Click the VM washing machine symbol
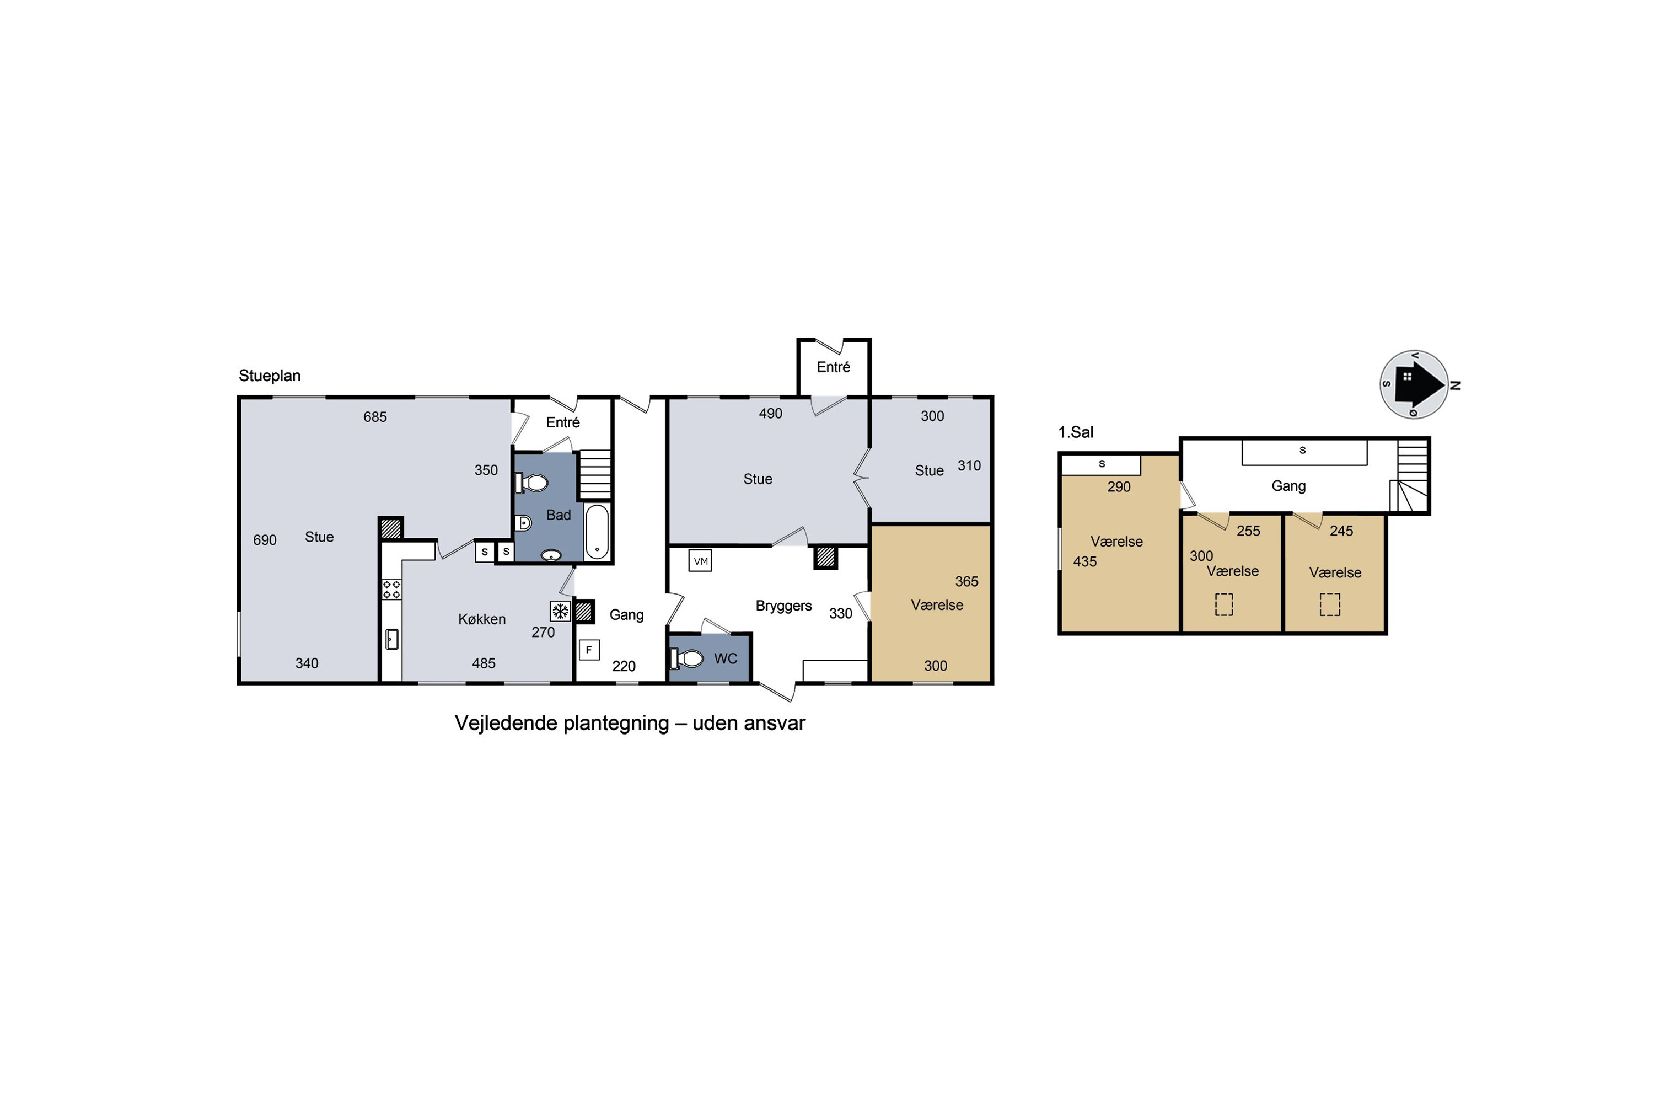point(700,561)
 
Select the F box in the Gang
point(589,650)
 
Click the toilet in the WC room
point(687,658)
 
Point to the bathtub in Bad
point(597,531)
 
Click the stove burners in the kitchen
point(391,590)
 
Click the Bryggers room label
point(783,606)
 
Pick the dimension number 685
point(375,417)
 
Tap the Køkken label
point(482,619)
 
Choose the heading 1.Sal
point(1076,432)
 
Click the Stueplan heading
point(270,376)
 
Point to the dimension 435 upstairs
point(1084,561)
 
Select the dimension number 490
point(770,414)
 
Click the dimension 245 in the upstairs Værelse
point(1341,531)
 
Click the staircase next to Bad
point(595,475)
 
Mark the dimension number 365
point(966,582)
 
